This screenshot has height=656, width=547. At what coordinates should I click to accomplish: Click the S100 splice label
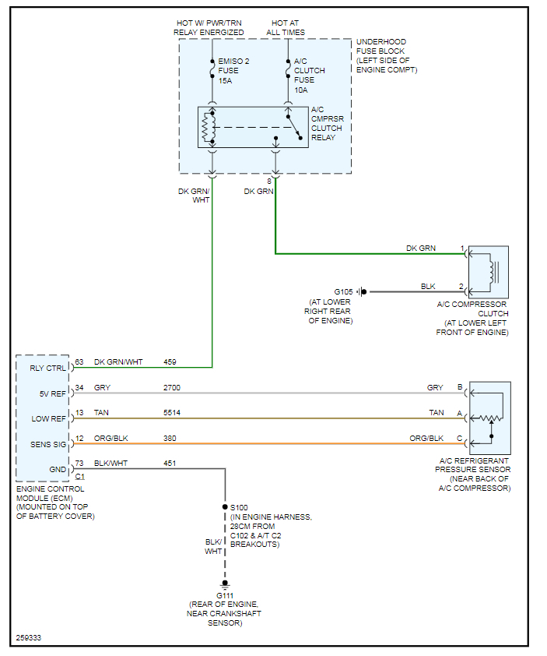coord(239,507)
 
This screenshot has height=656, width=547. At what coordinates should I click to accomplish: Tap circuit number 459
coord(170,362)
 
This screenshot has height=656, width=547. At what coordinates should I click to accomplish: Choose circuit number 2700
coord(173,387)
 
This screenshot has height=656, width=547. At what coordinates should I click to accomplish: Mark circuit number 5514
coord(173,413)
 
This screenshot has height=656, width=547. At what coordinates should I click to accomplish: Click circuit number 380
coord(170,438)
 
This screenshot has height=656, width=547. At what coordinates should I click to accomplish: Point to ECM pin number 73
coord(79,464)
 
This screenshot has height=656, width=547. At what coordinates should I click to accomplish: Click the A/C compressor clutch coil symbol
coord(493,270)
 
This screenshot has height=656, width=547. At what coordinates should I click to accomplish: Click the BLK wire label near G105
coord(428,287)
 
